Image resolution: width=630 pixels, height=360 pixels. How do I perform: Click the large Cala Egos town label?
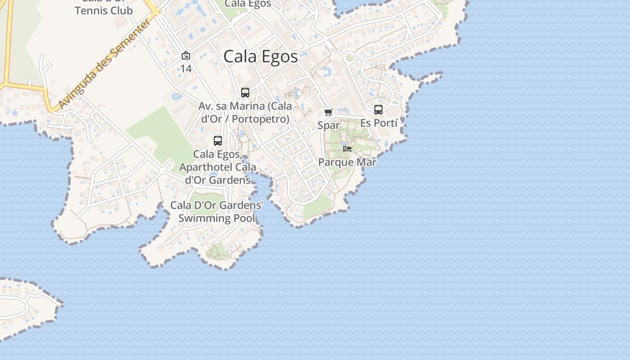[261, 57]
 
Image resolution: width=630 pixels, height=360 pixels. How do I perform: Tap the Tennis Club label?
[103, 10]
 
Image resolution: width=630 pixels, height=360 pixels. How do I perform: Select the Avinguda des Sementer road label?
[104, 64]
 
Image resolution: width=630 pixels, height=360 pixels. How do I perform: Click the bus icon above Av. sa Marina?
[245, 93]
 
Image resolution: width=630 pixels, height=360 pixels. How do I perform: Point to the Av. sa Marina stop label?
[245, 112]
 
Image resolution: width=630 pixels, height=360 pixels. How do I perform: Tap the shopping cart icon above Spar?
[328, 112]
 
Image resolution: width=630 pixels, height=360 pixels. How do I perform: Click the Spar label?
[328, 125]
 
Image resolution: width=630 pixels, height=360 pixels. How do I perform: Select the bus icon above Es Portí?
[378, 109]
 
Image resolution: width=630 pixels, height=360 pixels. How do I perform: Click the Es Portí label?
[378, 123]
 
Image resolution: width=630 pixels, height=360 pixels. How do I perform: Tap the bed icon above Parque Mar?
[347, 148]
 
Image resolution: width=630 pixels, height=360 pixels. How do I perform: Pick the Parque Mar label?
[347, 162]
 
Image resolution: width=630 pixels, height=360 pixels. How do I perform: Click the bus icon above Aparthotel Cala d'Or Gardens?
[218, 140]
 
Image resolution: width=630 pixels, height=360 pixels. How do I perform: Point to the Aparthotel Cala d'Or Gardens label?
[218, 167]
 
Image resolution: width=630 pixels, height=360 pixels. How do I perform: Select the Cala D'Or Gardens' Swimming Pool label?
[216, 212]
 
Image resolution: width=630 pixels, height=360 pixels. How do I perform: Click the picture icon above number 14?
[186, 55]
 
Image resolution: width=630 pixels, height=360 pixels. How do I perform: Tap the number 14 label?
[186, 68]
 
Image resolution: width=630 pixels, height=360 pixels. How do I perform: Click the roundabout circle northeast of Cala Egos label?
[349, 58]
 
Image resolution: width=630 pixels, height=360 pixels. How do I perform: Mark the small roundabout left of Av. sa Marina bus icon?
[238, 99]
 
